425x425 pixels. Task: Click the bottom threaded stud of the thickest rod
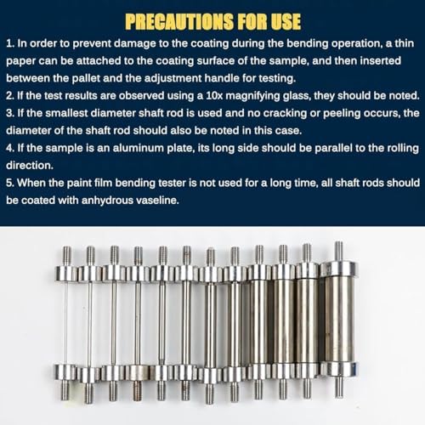point(337,386)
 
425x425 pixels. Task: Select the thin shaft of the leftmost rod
point(66,324)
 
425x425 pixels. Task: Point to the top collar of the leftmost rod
point(66,273)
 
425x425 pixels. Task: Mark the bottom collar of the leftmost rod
point(66,371)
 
